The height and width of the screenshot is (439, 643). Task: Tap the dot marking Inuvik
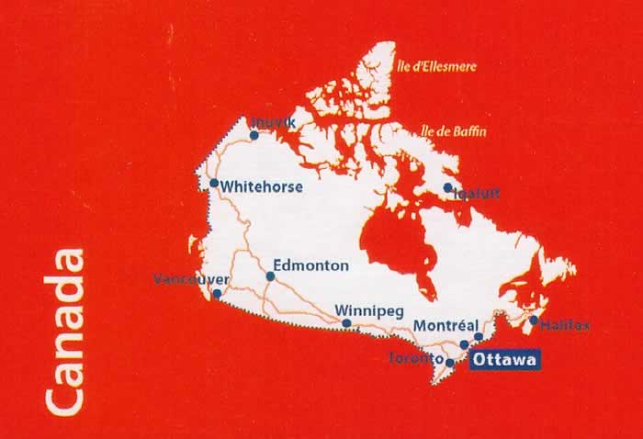(x=254, y=135)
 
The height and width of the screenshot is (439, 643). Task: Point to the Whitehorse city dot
(x=214, y=183)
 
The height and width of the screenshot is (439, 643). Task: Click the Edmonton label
(x=311, y=265)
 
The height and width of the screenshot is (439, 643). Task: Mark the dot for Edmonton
(x=270, y=276)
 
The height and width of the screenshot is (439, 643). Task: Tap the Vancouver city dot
(x=217, y=295)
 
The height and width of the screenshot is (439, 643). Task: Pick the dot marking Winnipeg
(x=346, y=323)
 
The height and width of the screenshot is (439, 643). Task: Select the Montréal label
(x=446, y=325)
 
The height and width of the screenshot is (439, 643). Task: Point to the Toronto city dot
(x=449, y=362)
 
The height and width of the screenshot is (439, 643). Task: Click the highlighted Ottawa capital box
(x=504, y=360)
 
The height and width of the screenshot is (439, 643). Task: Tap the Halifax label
(x=566, y=325)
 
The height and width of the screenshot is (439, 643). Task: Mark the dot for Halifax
(x=534, y=321)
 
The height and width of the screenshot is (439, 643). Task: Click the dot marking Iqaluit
(x=447, y=187)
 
